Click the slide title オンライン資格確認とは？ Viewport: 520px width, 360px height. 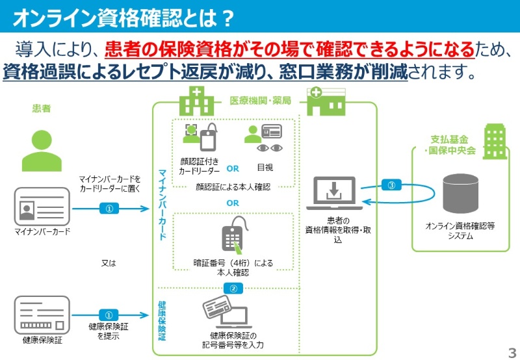[x=123, y=18]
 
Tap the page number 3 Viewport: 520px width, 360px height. [x=511, y=352]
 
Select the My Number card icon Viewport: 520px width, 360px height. [x=42, y=207]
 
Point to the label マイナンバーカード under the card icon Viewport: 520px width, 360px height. [x=42, y=231]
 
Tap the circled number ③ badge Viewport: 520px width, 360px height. [x=391, y=185]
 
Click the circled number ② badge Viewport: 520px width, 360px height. [x=233, y=288]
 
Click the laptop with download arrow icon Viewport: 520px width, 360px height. [x=334, y=194]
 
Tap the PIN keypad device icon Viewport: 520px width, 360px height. [x=232, y=237]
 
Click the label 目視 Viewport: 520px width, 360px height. [x=265, y=167]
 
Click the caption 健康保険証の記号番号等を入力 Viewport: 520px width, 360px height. [x=232, y=340]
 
